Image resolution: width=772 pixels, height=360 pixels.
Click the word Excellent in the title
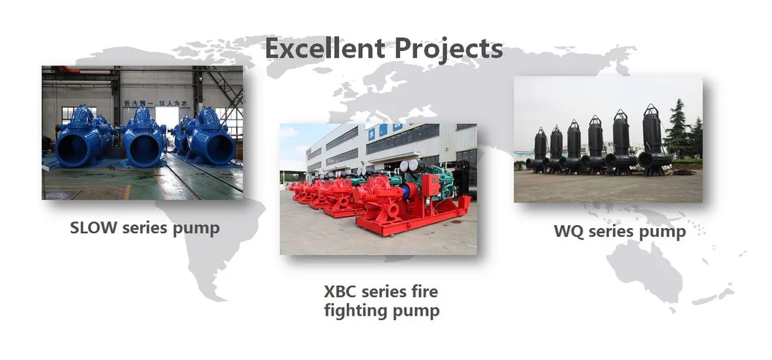click(x=324, y=49)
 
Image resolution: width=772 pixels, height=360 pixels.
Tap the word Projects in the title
click(x=448, y=49)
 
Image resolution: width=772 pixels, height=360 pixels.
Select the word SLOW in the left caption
click(x=95, y=227)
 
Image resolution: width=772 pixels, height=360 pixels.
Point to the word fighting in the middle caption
click(x=355, y=311)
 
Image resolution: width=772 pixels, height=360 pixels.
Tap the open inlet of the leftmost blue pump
click(x=74, y=148)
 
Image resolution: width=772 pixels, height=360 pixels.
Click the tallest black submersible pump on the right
click(x=651, y=135)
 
